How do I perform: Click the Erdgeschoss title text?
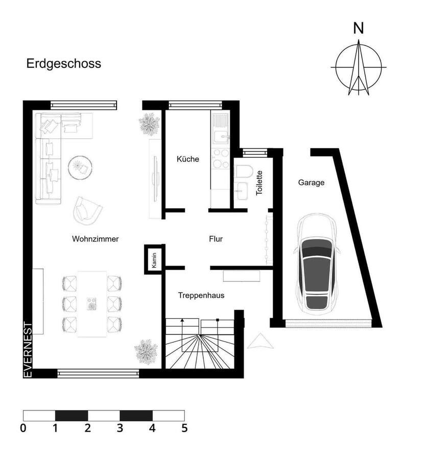click(x=63, y=64)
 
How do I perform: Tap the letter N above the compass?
click(x=359, y=29)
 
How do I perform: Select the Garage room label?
click(x=311, y=182)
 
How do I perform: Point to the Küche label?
click(x=187, y=159)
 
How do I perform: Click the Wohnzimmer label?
click(x=96, y=238)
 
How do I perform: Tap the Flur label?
click(x=216, y=238)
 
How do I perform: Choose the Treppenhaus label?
click(x=201, y=295)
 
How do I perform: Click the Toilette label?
click(x=259, y=182)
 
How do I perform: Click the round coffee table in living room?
click(x=80, y=166)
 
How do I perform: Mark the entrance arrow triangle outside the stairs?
click(x=257, y=341)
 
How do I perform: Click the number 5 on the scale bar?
click(x=184, y=428)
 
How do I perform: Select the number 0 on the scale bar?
click(x=23, y=428)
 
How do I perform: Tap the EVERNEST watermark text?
click(x=28, y=350)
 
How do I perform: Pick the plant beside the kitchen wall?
click(x=150, y=124)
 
